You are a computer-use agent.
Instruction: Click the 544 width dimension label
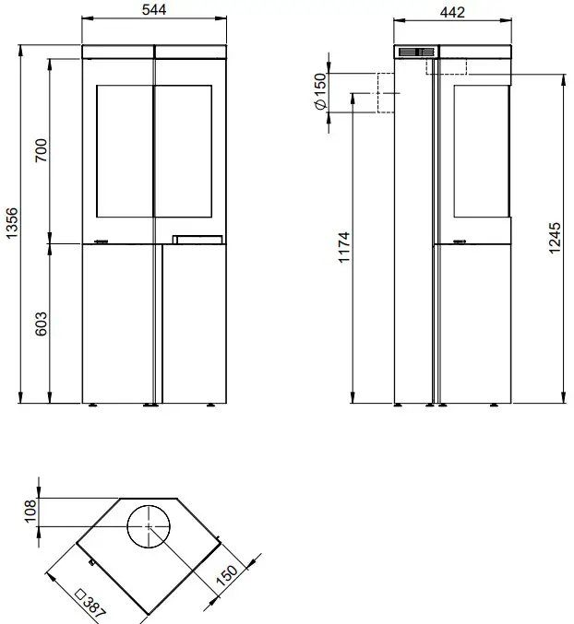(154, 9)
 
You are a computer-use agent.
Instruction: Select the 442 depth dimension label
(452, 11)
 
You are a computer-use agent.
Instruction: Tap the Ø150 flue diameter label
(320, 93)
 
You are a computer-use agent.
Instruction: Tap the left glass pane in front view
(123, 153)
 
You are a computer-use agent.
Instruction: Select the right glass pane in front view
(188, 153)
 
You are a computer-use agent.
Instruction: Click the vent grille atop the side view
(416, 53)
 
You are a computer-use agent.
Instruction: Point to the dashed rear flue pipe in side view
(386, 93)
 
